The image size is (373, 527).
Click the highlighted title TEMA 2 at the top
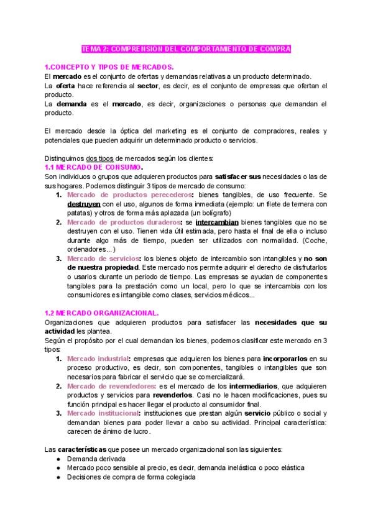(x=186, y=48)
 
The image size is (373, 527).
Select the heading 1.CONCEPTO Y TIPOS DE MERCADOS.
(x=109, y=67)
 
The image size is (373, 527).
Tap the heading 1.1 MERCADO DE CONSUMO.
(x=93, y=167)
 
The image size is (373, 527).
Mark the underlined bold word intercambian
(x=216, y=222)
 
